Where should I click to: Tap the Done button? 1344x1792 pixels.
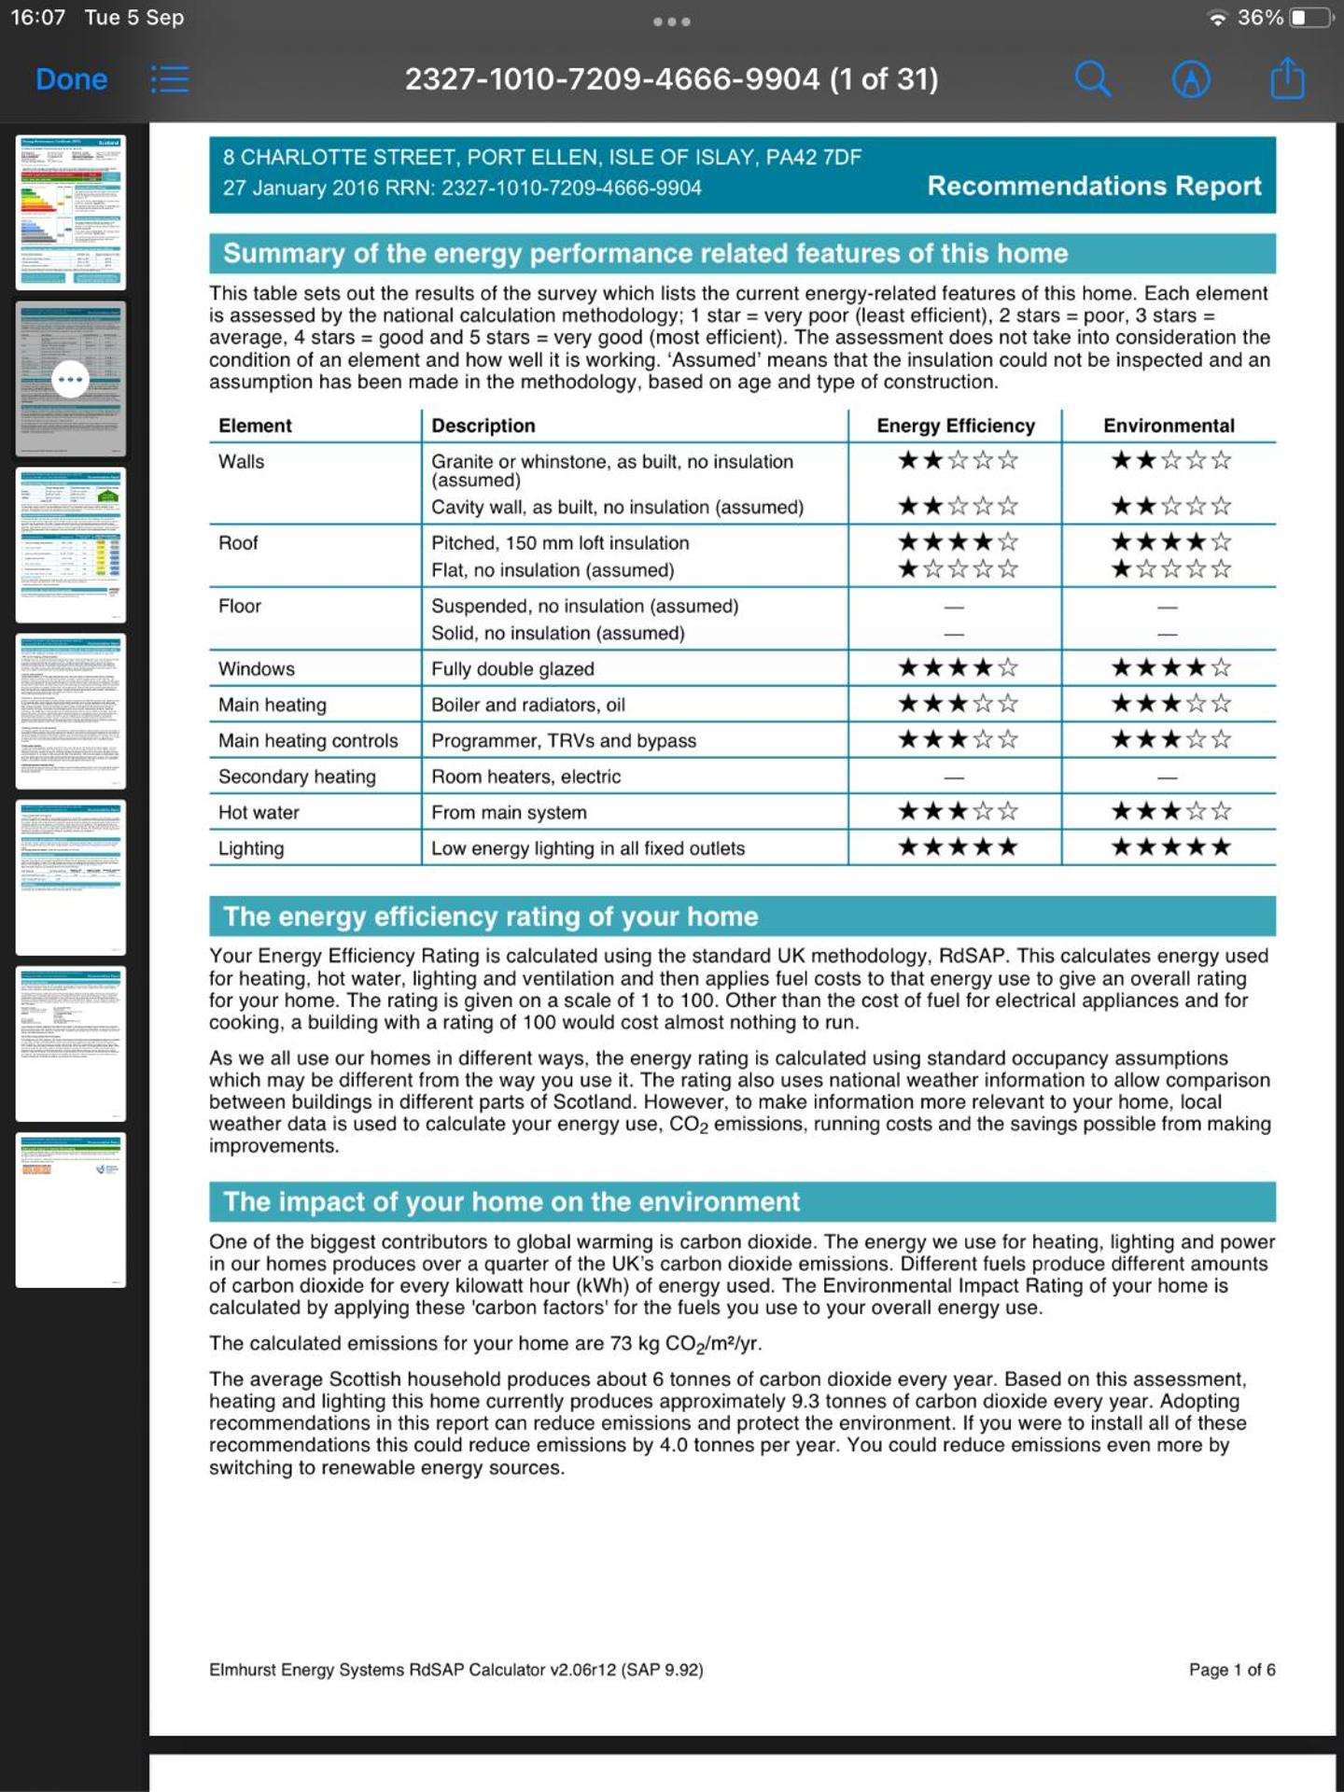[x=71, y=79]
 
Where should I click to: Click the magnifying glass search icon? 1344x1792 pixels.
[x=1092, y=79]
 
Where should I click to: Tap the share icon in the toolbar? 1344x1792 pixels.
[x=1287, y=78]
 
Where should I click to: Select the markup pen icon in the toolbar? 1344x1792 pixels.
[x=1191, y=79]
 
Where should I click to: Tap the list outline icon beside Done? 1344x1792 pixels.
[x=170, y=79]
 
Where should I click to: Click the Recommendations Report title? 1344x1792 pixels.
[x=1094, y=186]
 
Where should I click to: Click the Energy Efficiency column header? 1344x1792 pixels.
[x=956, y=426]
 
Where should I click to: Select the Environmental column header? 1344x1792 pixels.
[x=1169, y=426]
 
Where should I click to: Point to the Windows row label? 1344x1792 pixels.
[x=257, y=668]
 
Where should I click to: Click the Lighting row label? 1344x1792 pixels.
[x=251, y=848]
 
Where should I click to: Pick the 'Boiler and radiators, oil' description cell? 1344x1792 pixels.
[x=528, y=705]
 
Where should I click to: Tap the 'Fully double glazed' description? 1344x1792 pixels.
[x=512, y=668]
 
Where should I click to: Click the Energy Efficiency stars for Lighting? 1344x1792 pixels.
[x=957, y=847]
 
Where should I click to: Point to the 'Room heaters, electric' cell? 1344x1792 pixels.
[x=525, y=777]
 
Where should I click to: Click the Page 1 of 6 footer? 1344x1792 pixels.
[x=1231, y=1670]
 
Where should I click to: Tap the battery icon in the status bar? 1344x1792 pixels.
[x=1309, y=18]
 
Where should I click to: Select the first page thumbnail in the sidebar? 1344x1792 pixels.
[x=71, y=212]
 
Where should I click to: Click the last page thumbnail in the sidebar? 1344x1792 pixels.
[x=71, y=1210]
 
